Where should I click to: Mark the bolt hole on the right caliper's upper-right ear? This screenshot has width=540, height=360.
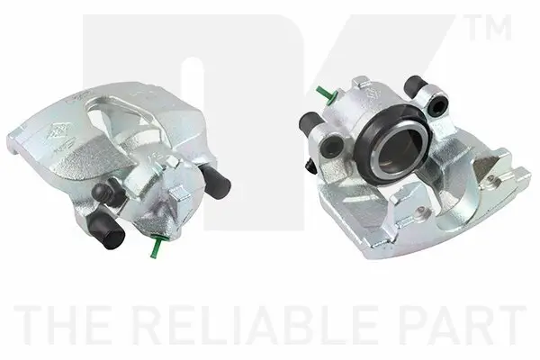(x=440, y=106)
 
